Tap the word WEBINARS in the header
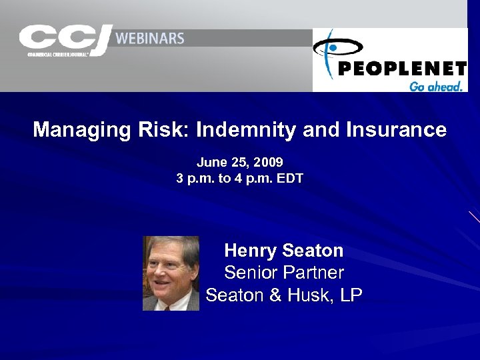151,38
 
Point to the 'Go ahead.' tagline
435,86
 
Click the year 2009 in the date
269,162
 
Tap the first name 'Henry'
251,251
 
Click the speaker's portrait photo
171,273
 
